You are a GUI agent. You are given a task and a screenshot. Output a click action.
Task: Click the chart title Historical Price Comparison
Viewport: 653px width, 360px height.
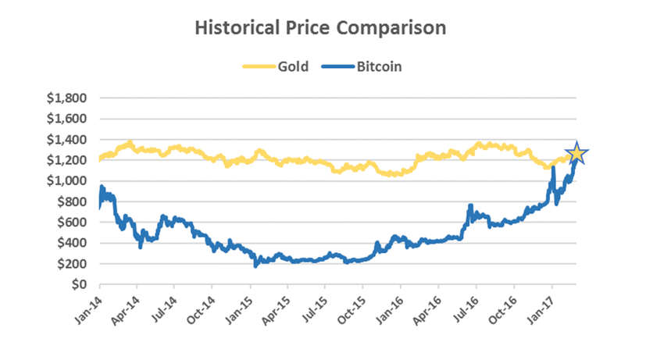[x=320, y=28]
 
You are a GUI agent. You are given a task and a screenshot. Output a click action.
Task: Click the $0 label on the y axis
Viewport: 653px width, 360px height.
[x=79, y=284]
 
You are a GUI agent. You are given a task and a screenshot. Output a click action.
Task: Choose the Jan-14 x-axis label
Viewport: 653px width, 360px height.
[x=87, y=308]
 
